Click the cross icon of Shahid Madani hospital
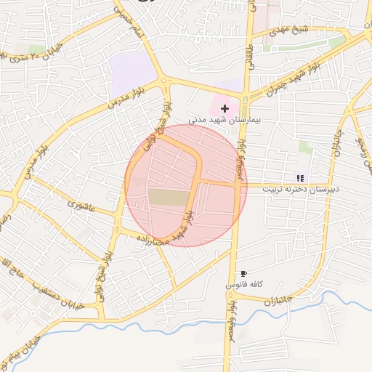pyautogui.click(x=224, y=108)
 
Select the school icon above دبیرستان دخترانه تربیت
pyautogui.click(x=300, y=178)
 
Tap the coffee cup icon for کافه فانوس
pyautogui.click(x=243, y=274)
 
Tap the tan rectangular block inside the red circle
pyautogui.click(x=167, y=197)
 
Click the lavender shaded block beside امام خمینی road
pyautogui.click(x=132, y=71)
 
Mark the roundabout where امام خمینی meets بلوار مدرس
pyautogui.click(x=166, y=81)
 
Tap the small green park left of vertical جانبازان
pyautogui.click(x=305, y=147)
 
